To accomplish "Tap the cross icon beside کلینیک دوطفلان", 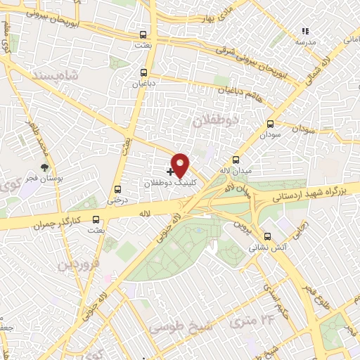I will pyautogui.click(x=170, y=171).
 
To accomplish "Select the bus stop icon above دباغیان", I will pyautogui.click(x=143, y=72).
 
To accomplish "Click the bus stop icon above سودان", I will pyautogui.click(x=270, y=122).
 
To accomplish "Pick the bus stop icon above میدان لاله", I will pyautogui.click(x=236, y=159).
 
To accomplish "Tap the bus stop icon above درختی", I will pyautogui.click(x=117, y=188).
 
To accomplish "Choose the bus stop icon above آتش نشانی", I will pyautogui.click(x=266, y=236).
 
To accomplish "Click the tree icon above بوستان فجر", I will pyautogui.click(x=45, y=167).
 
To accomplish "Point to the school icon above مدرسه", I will pyautogui.click(x=304, y=32).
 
